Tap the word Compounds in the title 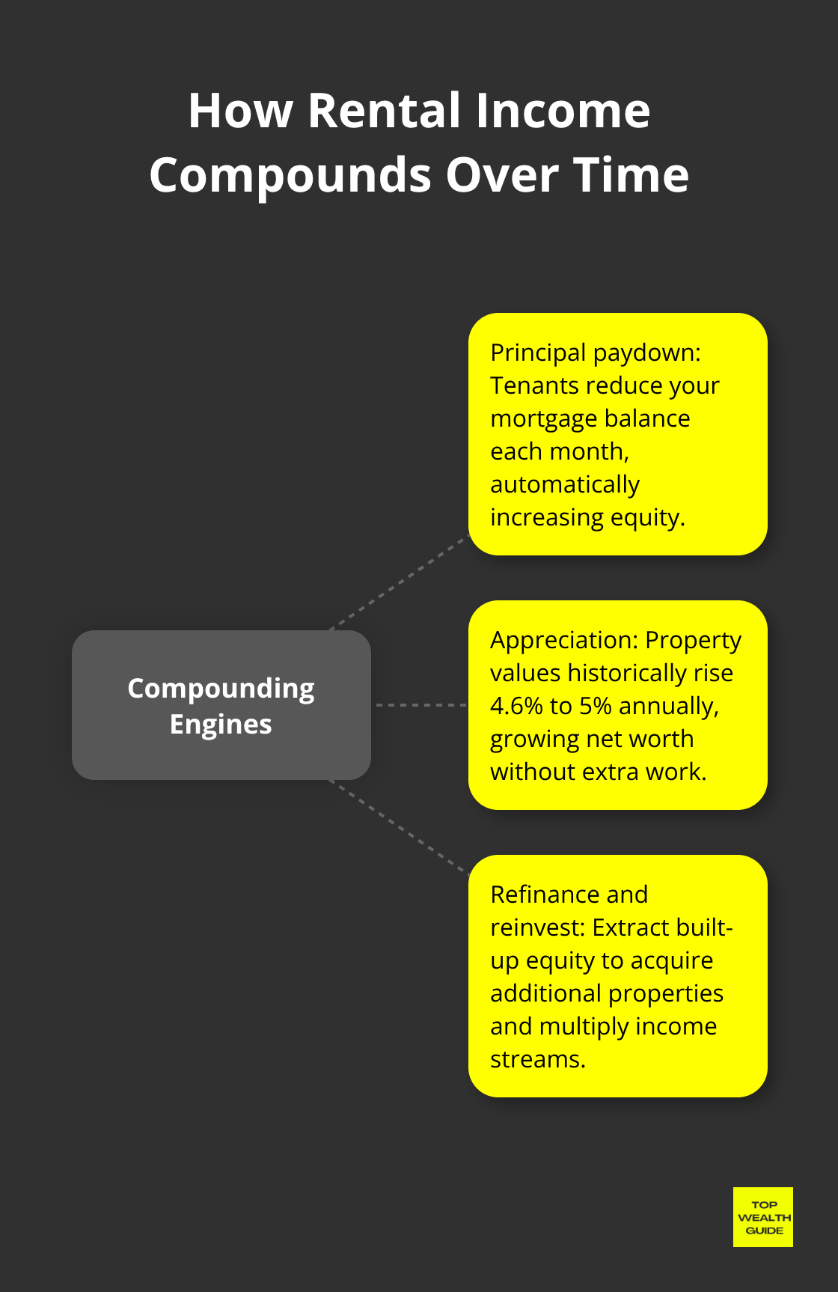pos(290,175)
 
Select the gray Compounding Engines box pos(221,705)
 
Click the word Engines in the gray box pos(221,724)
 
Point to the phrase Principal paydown pos(595,352)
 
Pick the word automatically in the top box pos(564,484)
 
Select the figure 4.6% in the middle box pos(516,706)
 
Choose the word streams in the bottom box pos(536,1059)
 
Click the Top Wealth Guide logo pos(762,1217)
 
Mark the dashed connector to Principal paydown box pos(400,582)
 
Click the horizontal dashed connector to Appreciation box pos(420,705)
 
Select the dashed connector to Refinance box pos(400,827)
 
